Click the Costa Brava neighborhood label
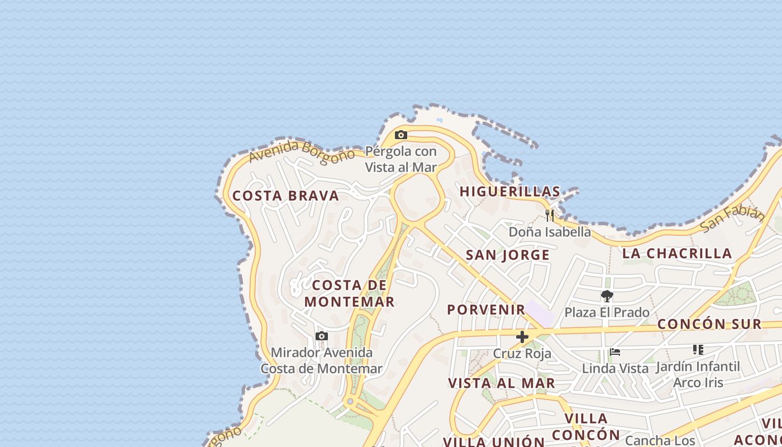(285, 196)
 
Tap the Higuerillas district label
(509, 192)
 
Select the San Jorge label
(508, 255)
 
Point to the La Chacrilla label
(677, 254)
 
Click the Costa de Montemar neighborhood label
(350, 293)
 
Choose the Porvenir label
(486, 310)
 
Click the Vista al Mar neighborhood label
(502, 383)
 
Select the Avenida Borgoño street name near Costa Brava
(302, 151)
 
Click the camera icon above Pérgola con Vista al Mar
(400, 135)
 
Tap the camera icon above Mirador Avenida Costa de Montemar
(321, 336)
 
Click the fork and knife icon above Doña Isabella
(550, 215)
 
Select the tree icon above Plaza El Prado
(607, 296)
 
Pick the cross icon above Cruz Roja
(522, 337)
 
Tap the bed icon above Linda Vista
(615, 352)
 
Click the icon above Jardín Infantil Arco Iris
(698, 350)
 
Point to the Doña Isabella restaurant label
(550, 232)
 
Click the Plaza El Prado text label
(607, 312)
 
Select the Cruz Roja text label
(522, 354)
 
